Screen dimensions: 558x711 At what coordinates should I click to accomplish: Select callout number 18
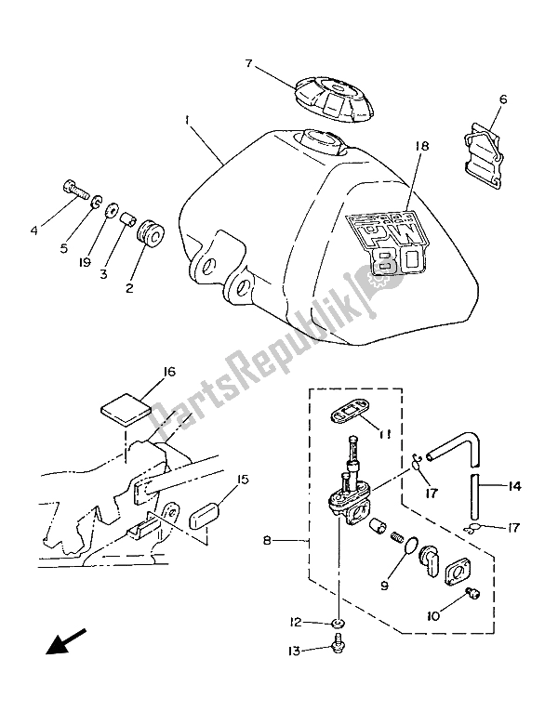(x=421, y=147)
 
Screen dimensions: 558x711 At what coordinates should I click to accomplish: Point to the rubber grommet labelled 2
(x=149, y=234)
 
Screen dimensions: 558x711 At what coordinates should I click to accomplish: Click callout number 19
(x=85, y=262)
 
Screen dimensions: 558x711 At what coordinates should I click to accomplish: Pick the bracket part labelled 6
(x=484, y=162)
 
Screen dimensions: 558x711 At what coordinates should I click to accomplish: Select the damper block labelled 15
(x=204, y=518)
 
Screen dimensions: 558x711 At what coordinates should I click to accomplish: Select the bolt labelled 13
(x=337, y=643)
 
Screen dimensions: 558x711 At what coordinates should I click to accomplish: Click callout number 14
(x=514, y=486)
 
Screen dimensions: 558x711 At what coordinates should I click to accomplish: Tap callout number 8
(x=267, y=541)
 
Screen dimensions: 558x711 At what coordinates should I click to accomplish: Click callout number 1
(x=186, y=120)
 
